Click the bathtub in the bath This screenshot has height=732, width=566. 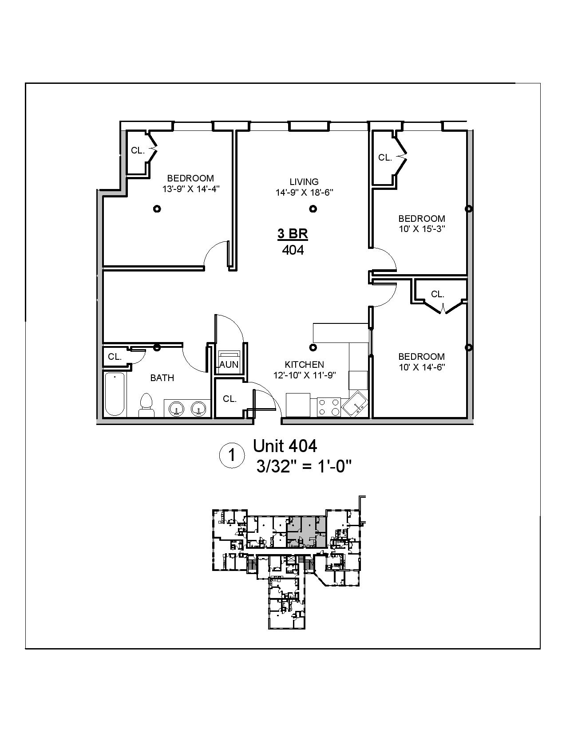(115, 394)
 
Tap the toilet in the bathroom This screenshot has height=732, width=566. (146, 405)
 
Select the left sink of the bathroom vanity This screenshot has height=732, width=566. (177, 408)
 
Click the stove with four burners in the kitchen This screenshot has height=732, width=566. (329, 407)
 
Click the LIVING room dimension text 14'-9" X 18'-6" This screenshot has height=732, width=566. (304, 193)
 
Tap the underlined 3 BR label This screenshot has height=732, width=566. (293, 234)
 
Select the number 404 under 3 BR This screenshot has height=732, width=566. (293, 250)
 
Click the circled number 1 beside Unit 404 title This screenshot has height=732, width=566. (232, 456)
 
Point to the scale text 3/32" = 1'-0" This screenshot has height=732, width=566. (304, 467)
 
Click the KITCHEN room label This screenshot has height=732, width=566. (304, 364)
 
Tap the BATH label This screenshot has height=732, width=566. (162, 378)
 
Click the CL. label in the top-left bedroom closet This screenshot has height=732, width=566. (138, 150)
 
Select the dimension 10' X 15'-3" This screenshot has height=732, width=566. (421, 229)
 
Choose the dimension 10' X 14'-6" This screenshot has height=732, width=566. (421, 367)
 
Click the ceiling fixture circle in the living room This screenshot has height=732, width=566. (313, 209)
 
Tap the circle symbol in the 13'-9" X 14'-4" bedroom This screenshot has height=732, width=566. (156, 209)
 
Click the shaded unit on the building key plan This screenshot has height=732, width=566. (306, 530)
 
